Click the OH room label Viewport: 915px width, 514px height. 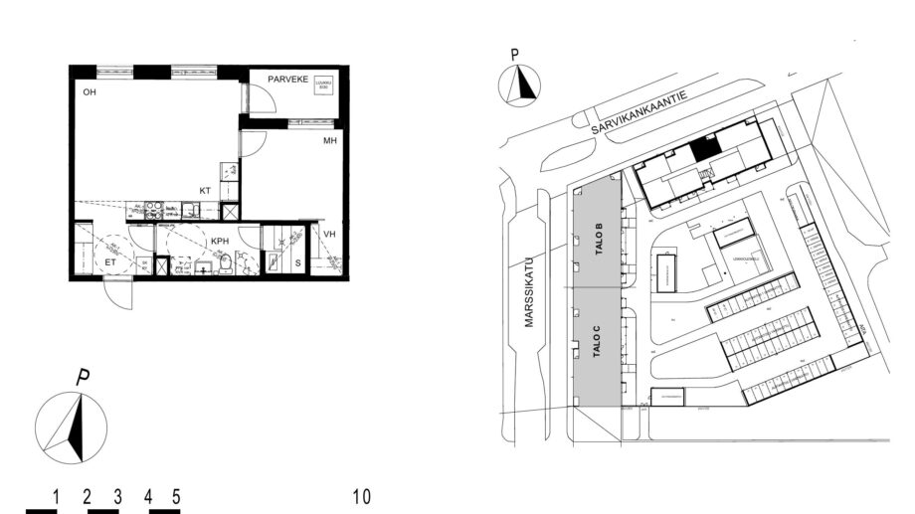[x=89, y=92]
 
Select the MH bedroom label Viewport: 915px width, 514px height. [x=330, y=141]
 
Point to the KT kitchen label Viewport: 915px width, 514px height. [x=204, y=190]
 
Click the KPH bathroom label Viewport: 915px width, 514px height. [x=220, y=242]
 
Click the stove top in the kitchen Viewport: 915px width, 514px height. [x=155, y=210]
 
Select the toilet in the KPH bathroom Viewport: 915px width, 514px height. [x=226, y=263]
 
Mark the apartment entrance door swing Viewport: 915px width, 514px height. [x=117, y=294]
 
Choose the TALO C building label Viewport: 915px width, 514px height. [x=599, y=350]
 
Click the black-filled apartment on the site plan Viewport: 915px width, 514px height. [x=704, y=148]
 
